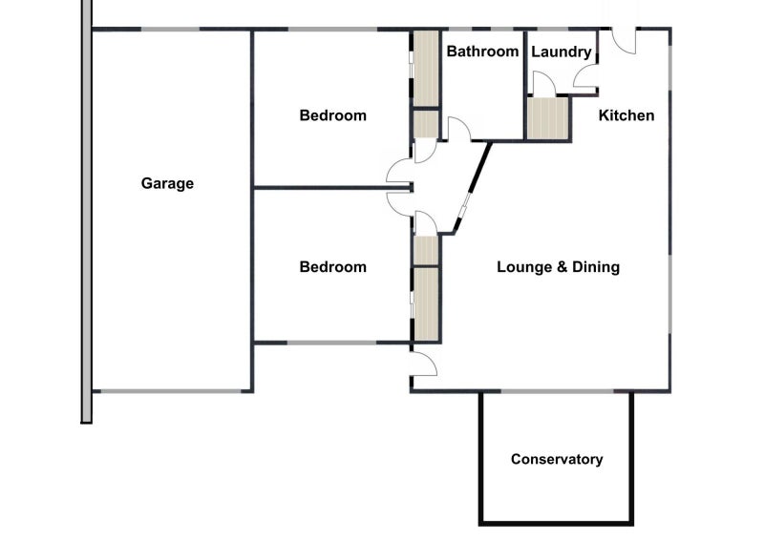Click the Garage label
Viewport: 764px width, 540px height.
167,183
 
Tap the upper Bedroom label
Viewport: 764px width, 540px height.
332,115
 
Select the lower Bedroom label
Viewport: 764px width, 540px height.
332,267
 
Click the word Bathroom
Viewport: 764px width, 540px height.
482,52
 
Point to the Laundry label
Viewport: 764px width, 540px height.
561,52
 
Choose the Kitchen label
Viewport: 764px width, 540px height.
626,115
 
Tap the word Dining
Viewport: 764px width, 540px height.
596,267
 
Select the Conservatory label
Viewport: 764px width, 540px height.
557,459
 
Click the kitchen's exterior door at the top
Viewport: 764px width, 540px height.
625,42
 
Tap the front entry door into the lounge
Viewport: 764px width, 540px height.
424,363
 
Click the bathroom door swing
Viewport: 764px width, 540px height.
459,129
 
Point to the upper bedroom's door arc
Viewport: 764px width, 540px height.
399,171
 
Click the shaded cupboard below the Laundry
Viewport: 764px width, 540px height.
548,119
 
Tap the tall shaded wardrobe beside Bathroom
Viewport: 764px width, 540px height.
426,68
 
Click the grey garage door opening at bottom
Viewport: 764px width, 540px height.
172,391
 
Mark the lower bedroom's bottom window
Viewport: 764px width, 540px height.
331,343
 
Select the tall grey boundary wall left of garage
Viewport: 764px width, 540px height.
86,212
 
